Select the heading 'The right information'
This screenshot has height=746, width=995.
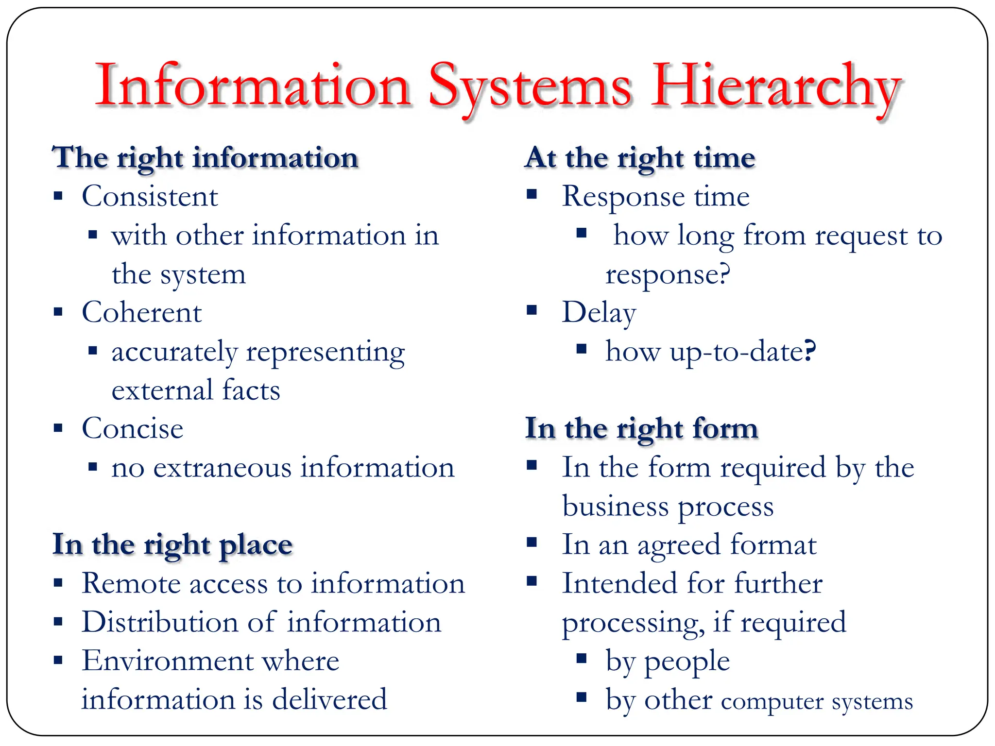click(x=205, y=158)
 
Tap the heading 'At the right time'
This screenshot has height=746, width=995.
click(x=640, y=158)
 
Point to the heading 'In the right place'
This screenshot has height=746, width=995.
click(x=172, y=545)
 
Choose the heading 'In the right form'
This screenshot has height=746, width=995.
click(x=641, y=429)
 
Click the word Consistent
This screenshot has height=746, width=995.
click(x=150, y=197)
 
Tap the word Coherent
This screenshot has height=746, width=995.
click(x=141, y=312)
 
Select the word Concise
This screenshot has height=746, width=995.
click(x=132, y=429)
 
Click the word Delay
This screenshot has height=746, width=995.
click(x=599, y=312)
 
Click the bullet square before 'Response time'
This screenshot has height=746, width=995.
click(x=532, y=195)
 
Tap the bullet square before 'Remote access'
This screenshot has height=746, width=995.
click(x=58, y=582)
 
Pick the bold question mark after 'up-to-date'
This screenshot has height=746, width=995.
click(x=809, y=351)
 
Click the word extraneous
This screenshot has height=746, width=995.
click(x=222, y=468)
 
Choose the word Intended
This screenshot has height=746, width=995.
click(x=619, y=583)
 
